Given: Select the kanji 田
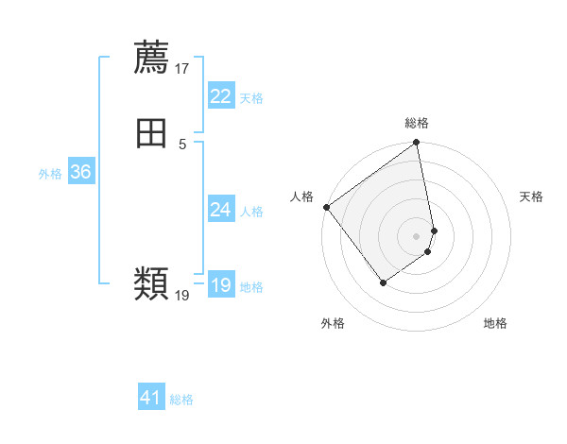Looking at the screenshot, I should point(151,134).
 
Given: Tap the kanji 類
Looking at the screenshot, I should point(151,283).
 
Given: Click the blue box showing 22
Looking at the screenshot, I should point(220,96).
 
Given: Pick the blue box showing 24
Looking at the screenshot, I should point(220,210).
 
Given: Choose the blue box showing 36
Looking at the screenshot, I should point(80,172).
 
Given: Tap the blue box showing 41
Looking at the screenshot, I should point(151,398).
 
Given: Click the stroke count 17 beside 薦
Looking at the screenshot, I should point(182,69).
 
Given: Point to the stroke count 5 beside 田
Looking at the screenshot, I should point(182,145).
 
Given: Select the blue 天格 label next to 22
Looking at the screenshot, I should point(251,98).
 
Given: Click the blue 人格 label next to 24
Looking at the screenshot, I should point(251,212).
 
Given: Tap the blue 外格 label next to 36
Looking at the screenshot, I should point(50,174).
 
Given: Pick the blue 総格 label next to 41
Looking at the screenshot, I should point(181,400).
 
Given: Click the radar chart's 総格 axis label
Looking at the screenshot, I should point(417,123).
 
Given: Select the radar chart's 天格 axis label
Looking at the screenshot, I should point(531,196).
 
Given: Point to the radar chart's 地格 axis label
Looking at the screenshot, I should point(495,323).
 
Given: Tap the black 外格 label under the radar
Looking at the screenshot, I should point(333,323).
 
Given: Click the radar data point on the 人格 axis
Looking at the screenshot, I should point(326,207).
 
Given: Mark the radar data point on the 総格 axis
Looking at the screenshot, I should point(417,144).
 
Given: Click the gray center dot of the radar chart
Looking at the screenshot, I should point(417,235).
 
